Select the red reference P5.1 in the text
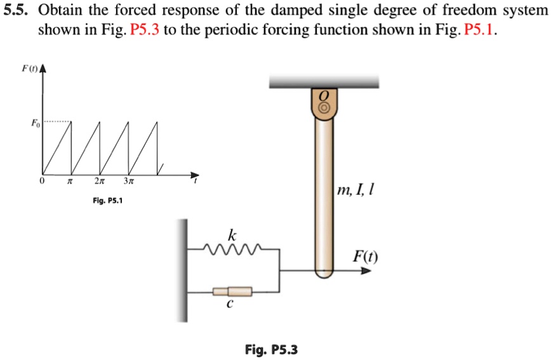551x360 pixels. pos(479,30)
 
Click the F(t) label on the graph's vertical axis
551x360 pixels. pos(27,68)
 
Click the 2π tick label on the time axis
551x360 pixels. pos(98,181)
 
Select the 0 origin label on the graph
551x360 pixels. pos(42,181)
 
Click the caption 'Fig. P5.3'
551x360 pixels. pos(271,349)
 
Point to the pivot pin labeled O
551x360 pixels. pos(324,107)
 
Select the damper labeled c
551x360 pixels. pos(232,291)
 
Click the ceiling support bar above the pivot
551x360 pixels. pos(324,81)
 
